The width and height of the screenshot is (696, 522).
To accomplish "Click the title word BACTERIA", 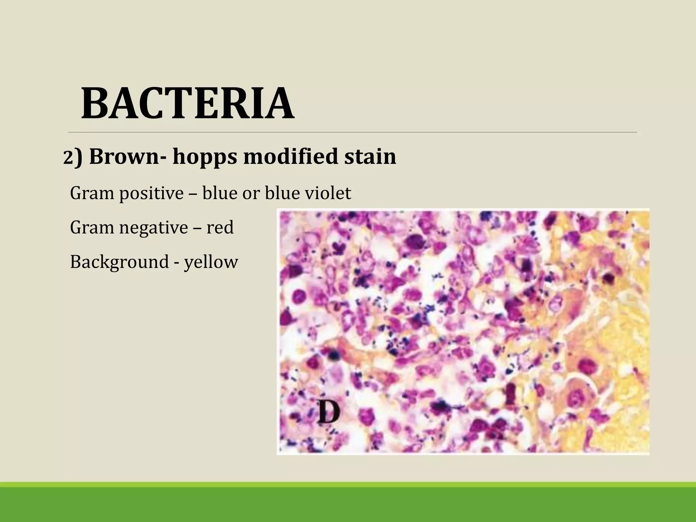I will tap(188, 104).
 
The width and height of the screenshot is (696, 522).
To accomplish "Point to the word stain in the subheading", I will tap(370, 156).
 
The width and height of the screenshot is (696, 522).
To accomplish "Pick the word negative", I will tap(154, 228).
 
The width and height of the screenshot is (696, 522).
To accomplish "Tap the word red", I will tap(220, 228).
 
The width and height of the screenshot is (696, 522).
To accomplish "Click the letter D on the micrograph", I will tap(329, 412).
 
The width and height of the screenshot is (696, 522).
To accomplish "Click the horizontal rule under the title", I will tap(352, 132).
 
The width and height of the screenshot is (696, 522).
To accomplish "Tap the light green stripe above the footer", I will tap(348, 485).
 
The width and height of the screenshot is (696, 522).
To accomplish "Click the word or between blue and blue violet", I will tap(251, 194).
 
